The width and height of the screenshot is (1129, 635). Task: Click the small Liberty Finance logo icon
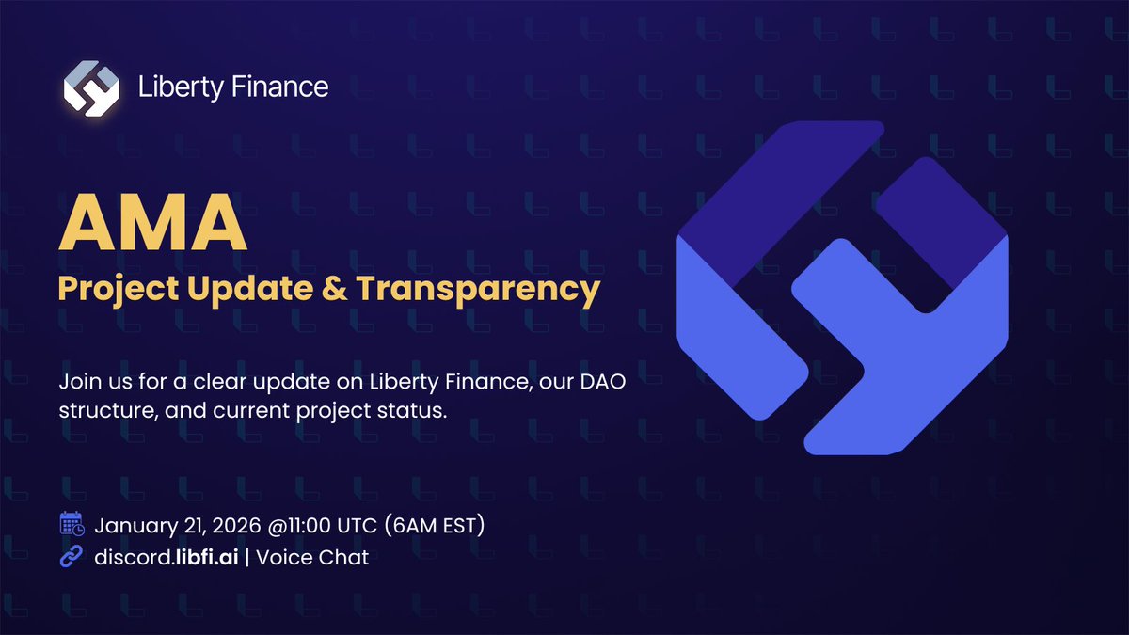[91, 87]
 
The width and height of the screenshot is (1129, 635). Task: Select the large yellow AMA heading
[152, 224]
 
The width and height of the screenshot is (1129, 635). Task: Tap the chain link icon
[72, 557]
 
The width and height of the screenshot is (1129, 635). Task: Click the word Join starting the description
[78, 384]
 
